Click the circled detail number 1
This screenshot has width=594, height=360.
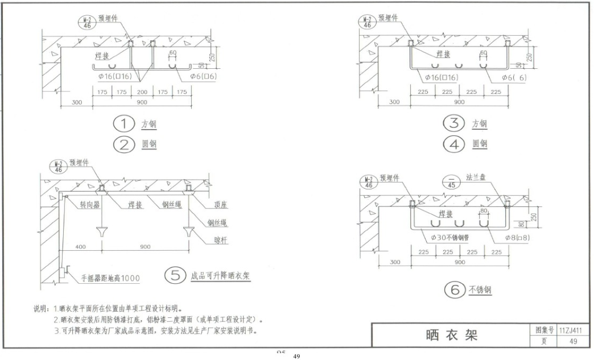point(123,124)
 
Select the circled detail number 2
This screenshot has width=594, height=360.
point(123,144)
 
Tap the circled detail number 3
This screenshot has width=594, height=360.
point(454,123)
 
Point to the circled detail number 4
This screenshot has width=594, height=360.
point(454,144)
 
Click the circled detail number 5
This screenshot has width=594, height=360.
point(174,276)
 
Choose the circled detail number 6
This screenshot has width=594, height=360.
point(454,291)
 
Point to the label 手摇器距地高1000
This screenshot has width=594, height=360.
point(105,278)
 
